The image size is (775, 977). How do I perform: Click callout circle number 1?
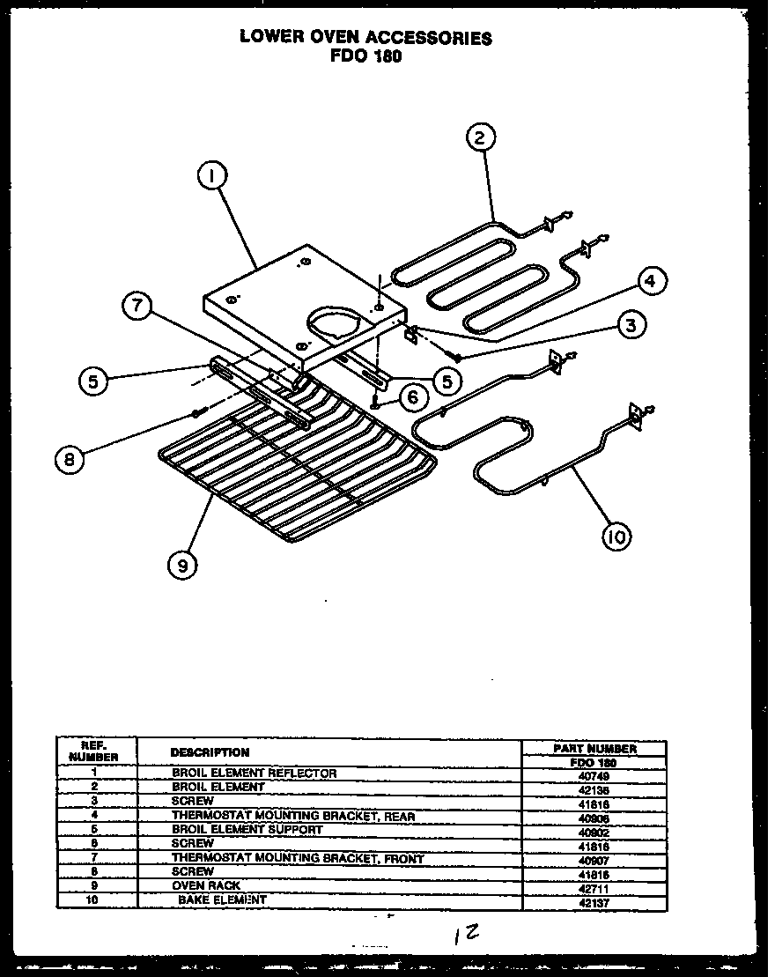click(211, 177)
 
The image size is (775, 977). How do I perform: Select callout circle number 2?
click(479, 137)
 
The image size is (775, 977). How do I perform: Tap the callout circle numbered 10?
click(616, 536)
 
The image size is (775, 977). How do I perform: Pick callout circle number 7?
click(137, 307)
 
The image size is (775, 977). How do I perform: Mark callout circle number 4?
click(650, 282)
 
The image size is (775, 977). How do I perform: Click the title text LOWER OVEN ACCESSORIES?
click(365, 38)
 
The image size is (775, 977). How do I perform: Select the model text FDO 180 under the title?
click(365, 56)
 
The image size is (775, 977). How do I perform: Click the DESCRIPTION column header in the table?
click(210, 752)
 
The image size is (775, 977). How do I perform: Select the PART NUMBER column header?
click(594, 748)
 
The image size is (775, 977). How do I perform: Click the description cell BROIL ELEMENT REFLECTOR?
click(254, 773)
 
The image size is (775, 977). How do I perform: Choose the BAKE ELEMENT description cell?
click(222, 899)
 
